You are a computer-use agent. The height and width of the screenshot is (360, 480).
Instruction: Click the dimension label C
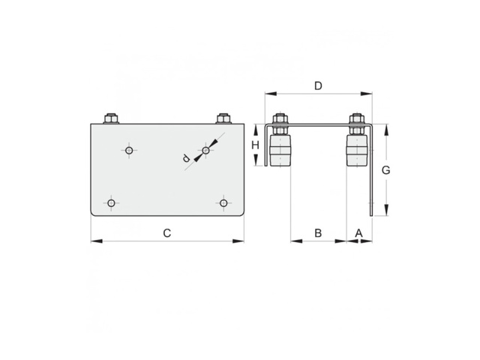(166, 233)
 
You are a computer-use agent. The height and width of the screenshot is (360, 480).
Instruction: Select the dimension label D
(318, 86)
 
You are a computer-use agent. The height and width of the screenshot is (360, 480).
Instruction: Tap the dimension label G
(385, 170)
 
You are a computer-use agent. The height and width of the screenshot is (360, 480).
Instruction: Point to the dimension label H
(255, 145)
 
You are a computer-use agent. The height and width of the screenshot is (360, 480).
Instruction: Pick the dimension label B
(318, 233)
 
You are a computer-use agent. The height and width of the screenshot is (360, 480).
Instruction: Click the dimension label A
(358, 233)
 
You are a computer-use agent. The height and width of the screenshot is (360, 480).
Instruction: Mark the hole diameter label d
(186, 158)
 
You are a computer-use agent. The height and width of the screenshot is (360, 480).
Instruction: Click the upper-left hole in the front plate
(129, 150)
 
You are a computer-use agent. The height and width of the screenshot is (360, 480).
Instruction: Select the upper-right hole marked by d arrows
(206, 150)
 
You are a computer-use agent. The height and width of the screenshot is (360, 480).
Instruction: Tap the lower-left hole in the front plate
(111, 203)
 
